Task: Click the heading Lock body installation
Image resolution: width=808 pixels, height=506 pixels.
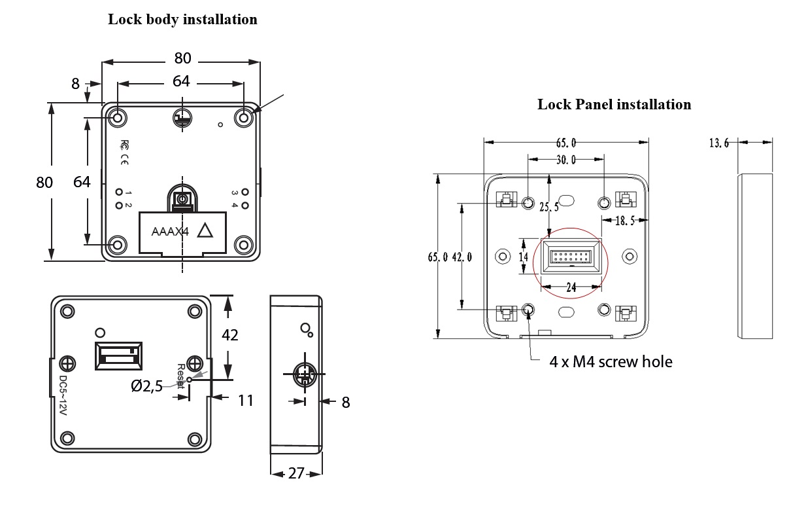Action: (x=182, y=20)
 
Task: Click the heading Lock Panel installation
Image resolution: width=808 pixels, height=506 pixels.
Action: (x=614, y=104)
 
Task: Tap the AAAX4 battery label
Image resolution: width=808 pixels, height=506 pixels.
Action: (x=170, y=231)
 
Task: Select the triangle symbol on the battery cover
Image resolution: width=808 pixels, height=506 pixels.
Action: (x=206, y=230)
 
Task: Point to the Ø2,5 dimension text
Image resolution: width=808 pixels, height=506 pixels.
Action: (x=146, y=387)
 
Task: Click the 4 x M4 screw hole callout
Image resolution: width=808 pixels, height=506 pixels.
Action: (x=611, y=361)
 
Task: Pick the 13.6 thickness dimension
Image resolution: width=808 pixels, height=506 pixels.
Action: (x=719, y=143)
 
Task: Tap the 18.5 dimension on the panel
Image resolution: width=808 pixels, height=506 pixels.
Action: (x=626, y=221)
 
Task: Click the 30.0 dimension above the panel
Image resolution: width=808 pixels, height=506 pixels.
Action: (x=565, y=160)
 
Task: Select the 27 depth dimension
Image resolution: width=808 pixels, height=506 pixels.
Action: (x=296, y=473)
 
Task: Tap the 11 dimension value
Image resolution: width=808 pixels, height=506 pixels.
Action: (x=245, y=399)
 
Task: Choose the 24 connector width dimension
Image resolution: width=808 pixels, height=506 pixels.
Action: (x=571, y=286)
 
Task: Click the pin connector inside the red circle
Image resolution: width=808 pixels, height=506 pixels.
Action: (x=571, y=257)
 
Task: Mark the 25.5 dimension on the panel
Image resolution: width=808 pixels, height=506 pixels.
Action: (x=550, y=208)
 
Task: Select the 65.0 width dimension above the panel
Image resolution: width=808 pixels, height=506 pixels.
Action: (x=565, y=142)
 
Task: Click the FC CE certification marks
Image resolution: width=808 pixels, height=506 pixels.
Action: (x=124, y=153)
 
